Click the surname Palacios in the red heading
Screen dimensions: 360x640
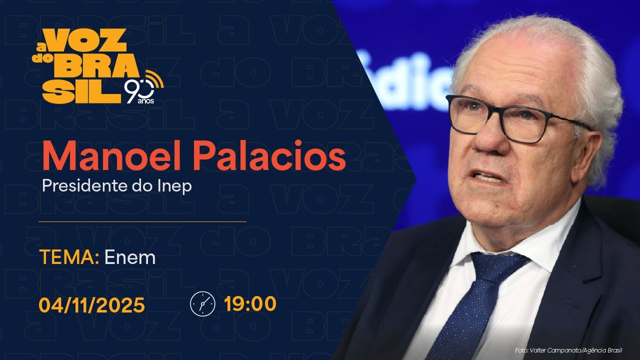tap(270, 156)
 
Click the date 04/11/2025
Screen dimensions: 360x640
tap(92, 304)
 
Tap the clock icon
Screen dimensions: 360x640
tap(202, 304)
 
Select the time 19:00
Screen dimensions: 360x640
tap(250, 304)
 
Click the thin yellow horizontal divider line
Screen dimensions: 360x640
tap(142, 221)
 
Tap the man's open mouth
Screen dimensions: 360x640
tap(487, 176)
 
